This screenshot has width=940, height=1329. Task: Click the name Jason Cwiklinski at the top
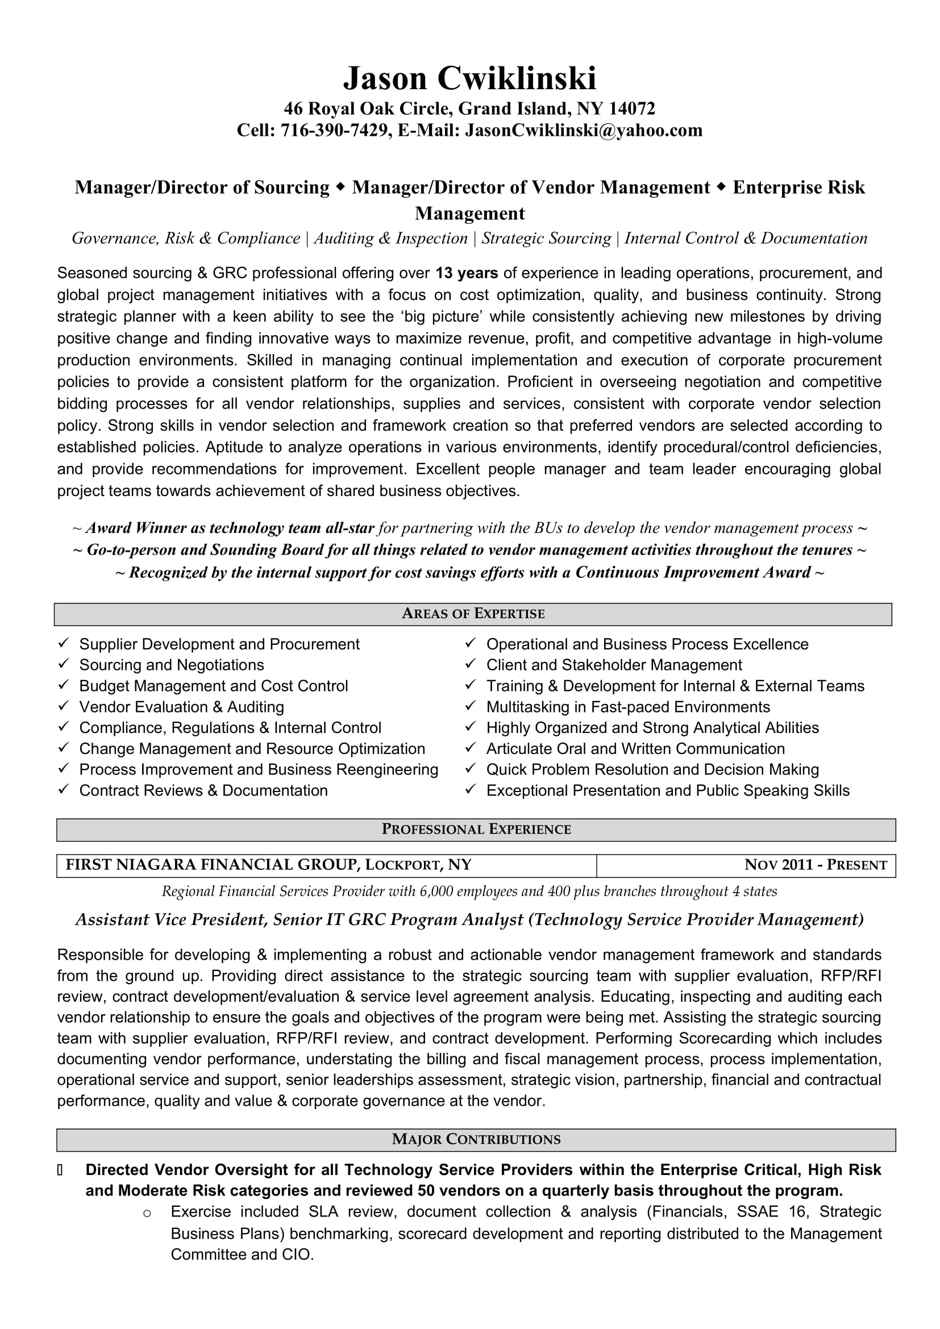coord(469,78)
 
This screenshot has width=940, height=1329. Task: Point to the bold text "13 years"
coord(467,273)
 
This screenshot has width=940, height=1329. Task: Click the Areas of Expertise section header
coord(473,614)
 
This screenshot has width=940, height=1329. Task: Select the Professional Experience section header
coord(476,830)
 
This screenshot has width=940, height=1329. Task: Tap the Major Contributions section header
coord(476,1139)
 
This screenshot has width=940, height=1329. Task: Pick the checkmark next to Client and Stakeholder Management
coord(471,665)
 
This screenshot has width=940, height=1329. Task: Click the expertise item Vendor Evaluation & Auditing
coord(181,707)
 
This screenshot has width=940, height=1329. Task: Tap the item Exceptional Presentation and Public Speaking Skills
coord(667,790)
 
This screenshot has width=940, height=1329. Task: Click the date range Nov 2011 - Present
coord(815,865)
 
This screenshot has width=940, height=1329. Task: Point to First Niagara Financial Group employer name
coord(211,865)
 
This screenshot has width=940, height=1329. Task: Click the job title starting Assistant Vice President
coord(469,919)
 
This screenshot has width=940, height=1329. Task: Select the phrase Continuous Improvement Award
coord(692,573)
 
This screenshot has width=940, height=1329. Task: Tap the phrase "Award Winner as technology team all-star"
coord(230,528)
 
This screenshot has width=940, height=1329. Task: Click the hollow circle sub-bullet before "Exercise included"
coord(147,1213)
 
